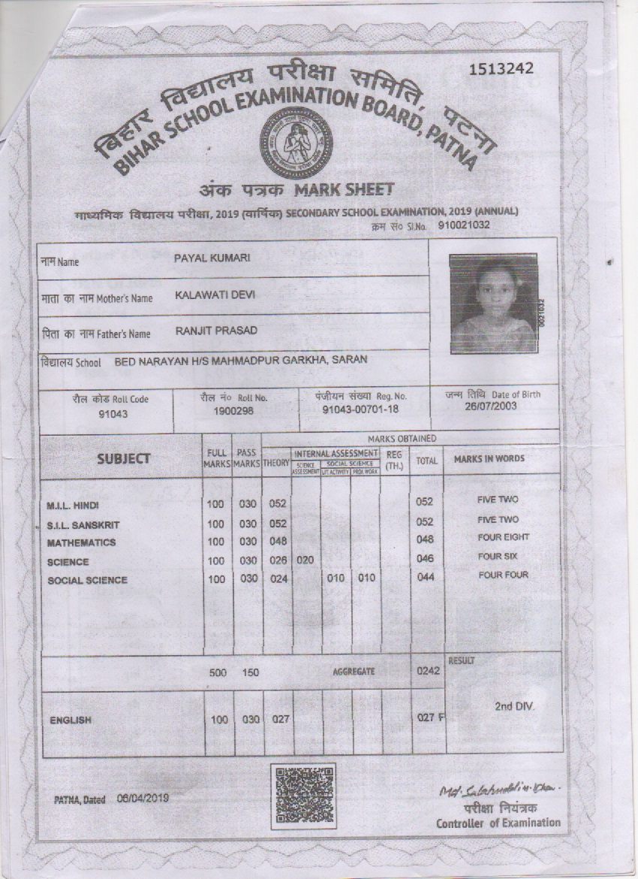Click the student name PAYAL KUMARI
tap(212, 258)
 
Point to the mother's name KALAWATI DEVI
tap(215, 295)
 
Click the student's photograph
tap(493, 303)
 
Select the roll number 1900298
tap(233, 411)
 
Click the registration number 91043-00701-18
tap(360, 410)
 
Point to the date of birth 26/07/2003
tap(492, 406)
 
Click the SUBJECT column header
tap(123, 458)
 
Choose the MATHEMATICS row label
tap(81, 542)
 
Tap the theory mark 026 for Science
tap(278, 560)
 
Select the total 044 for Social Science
tap(426, 578)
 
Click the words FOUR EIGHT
tap(503, 538)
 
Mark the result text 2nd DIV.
tap(515, 707)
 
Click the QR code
tap(303, 795)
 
